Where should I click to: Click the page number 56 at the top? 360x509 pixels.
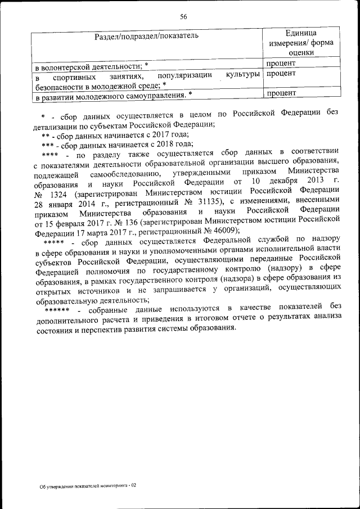183,16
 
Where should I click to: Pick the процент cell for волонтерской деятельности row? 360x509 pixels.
281,64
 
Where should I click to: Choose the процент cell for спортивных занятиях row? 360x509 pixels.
281,74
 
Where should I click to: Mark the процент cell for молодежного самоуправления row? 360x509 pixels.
281,93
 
